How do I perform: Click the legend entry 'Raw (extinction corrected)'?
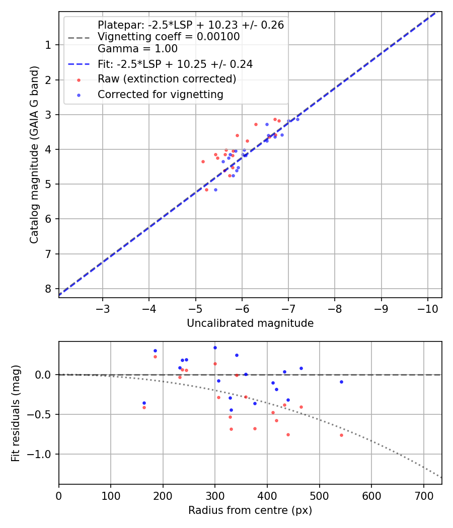[167, 79]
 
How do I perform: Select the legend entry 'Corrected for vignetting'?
[161, 94]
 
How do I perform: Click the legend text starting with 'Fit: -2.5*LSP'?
[175, 64]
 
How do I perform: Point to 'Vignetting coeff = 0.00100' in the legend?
[169, 37]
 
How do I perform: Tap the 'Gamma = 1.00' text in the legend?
[137, 49]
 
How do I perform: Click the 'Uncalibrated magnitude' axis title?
[250, 323]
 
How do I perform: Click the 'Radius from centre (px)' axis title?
[250, 510]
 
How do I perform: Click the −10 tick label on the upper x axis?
[427, 308]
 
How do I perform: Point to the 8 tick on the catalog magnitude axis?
[48, 289]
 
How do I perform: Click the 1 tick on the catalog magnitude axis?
[48, 45]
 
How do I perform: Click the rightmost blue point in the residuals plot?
[341, 382]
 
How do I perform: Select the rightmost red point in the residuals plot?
[341, 435]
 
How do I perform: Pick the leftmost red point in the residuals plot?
[144, 407]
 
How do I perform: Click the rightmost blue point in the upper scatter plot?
[297, 119]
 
